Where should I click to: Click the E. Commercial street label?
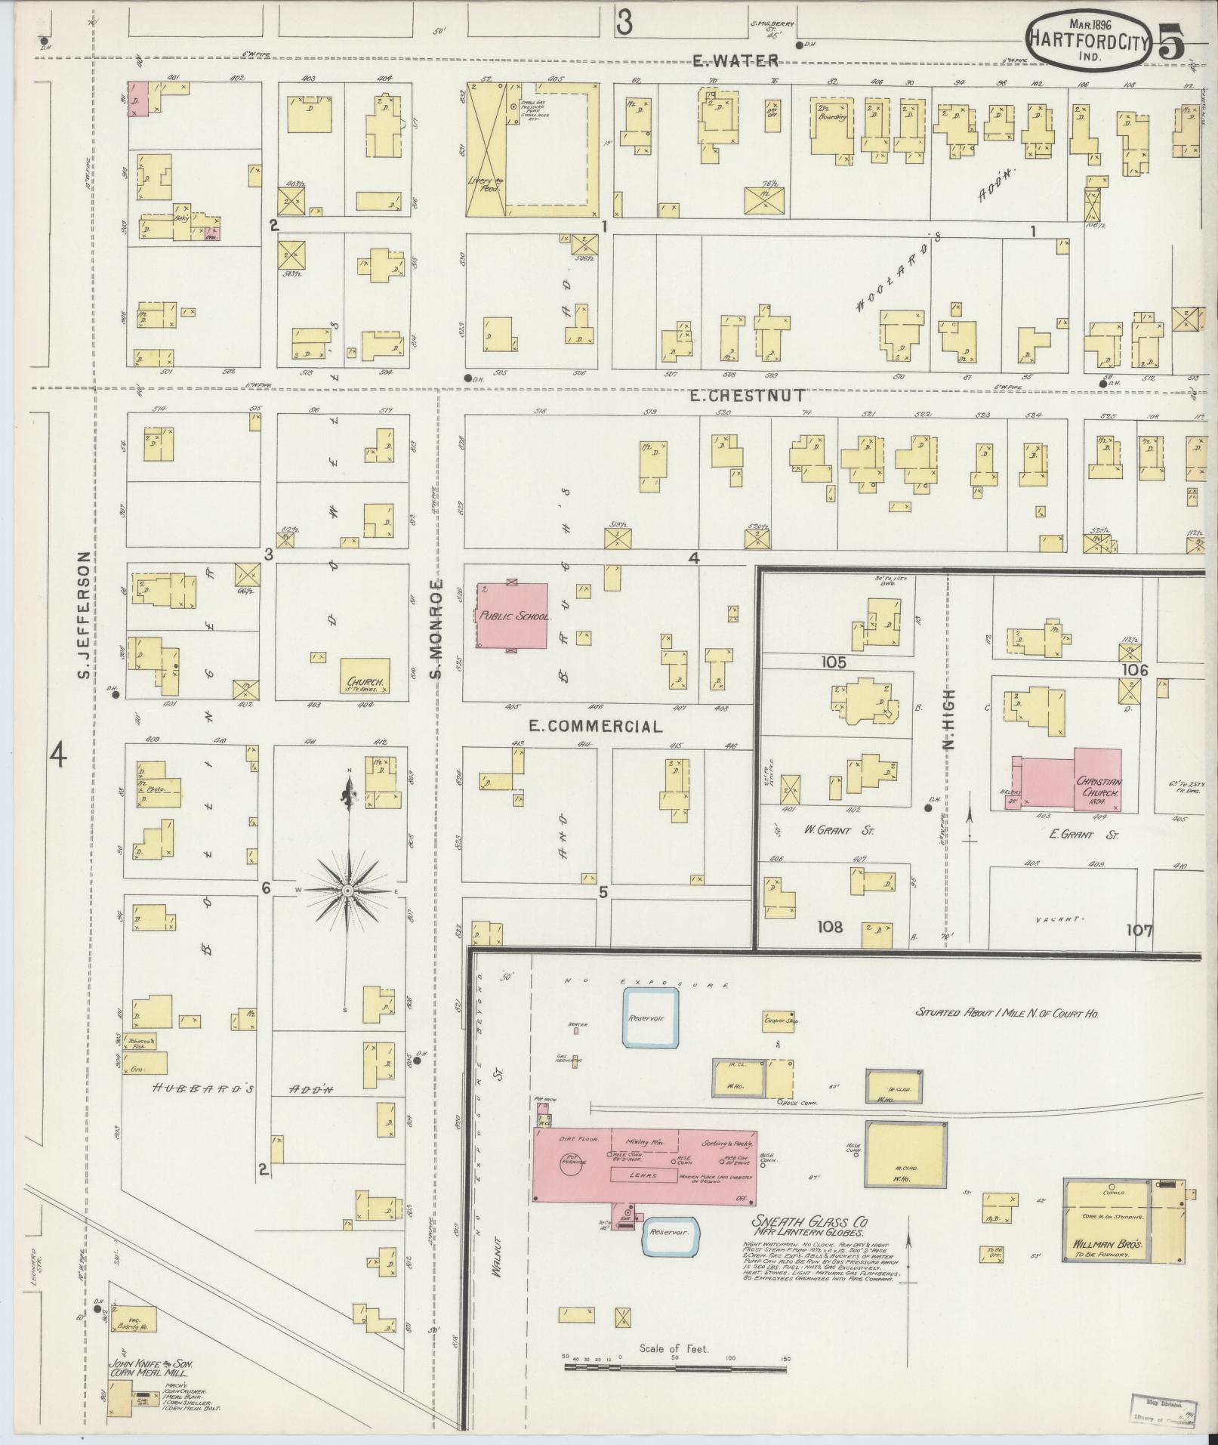coord(595,727)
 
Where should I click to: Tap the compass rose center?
coord(347,891)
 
